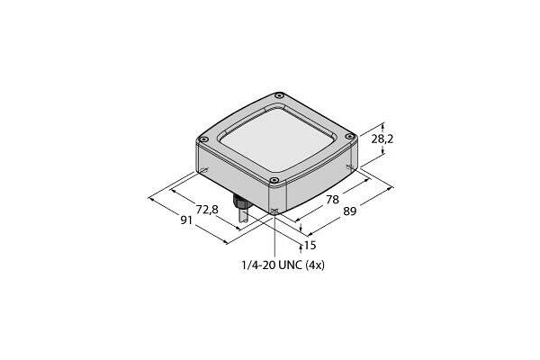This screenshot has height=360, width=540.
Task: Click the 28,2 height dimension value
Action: [x=382, y=139]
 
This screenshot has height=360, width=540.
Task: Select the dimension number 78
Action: [x=333, y=200]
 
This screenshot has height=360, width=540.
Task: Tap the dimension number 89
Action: [x=349, y=211]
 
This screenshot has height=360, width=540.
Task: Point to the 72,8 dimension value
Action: [x=207, y=209]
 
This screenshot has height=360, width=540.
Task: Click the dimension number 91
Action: [x=186, y=220]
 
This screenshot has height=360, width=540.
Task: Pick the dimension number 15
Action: [x=310, y=246]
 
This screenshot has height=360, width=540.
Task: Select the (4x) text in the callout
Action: [x=315, y=265]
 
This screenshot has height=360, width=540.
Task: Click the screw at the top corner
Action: [x=280, y=95]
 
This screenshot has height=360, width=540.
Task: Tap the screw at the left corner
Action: [x=204, y=139]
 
